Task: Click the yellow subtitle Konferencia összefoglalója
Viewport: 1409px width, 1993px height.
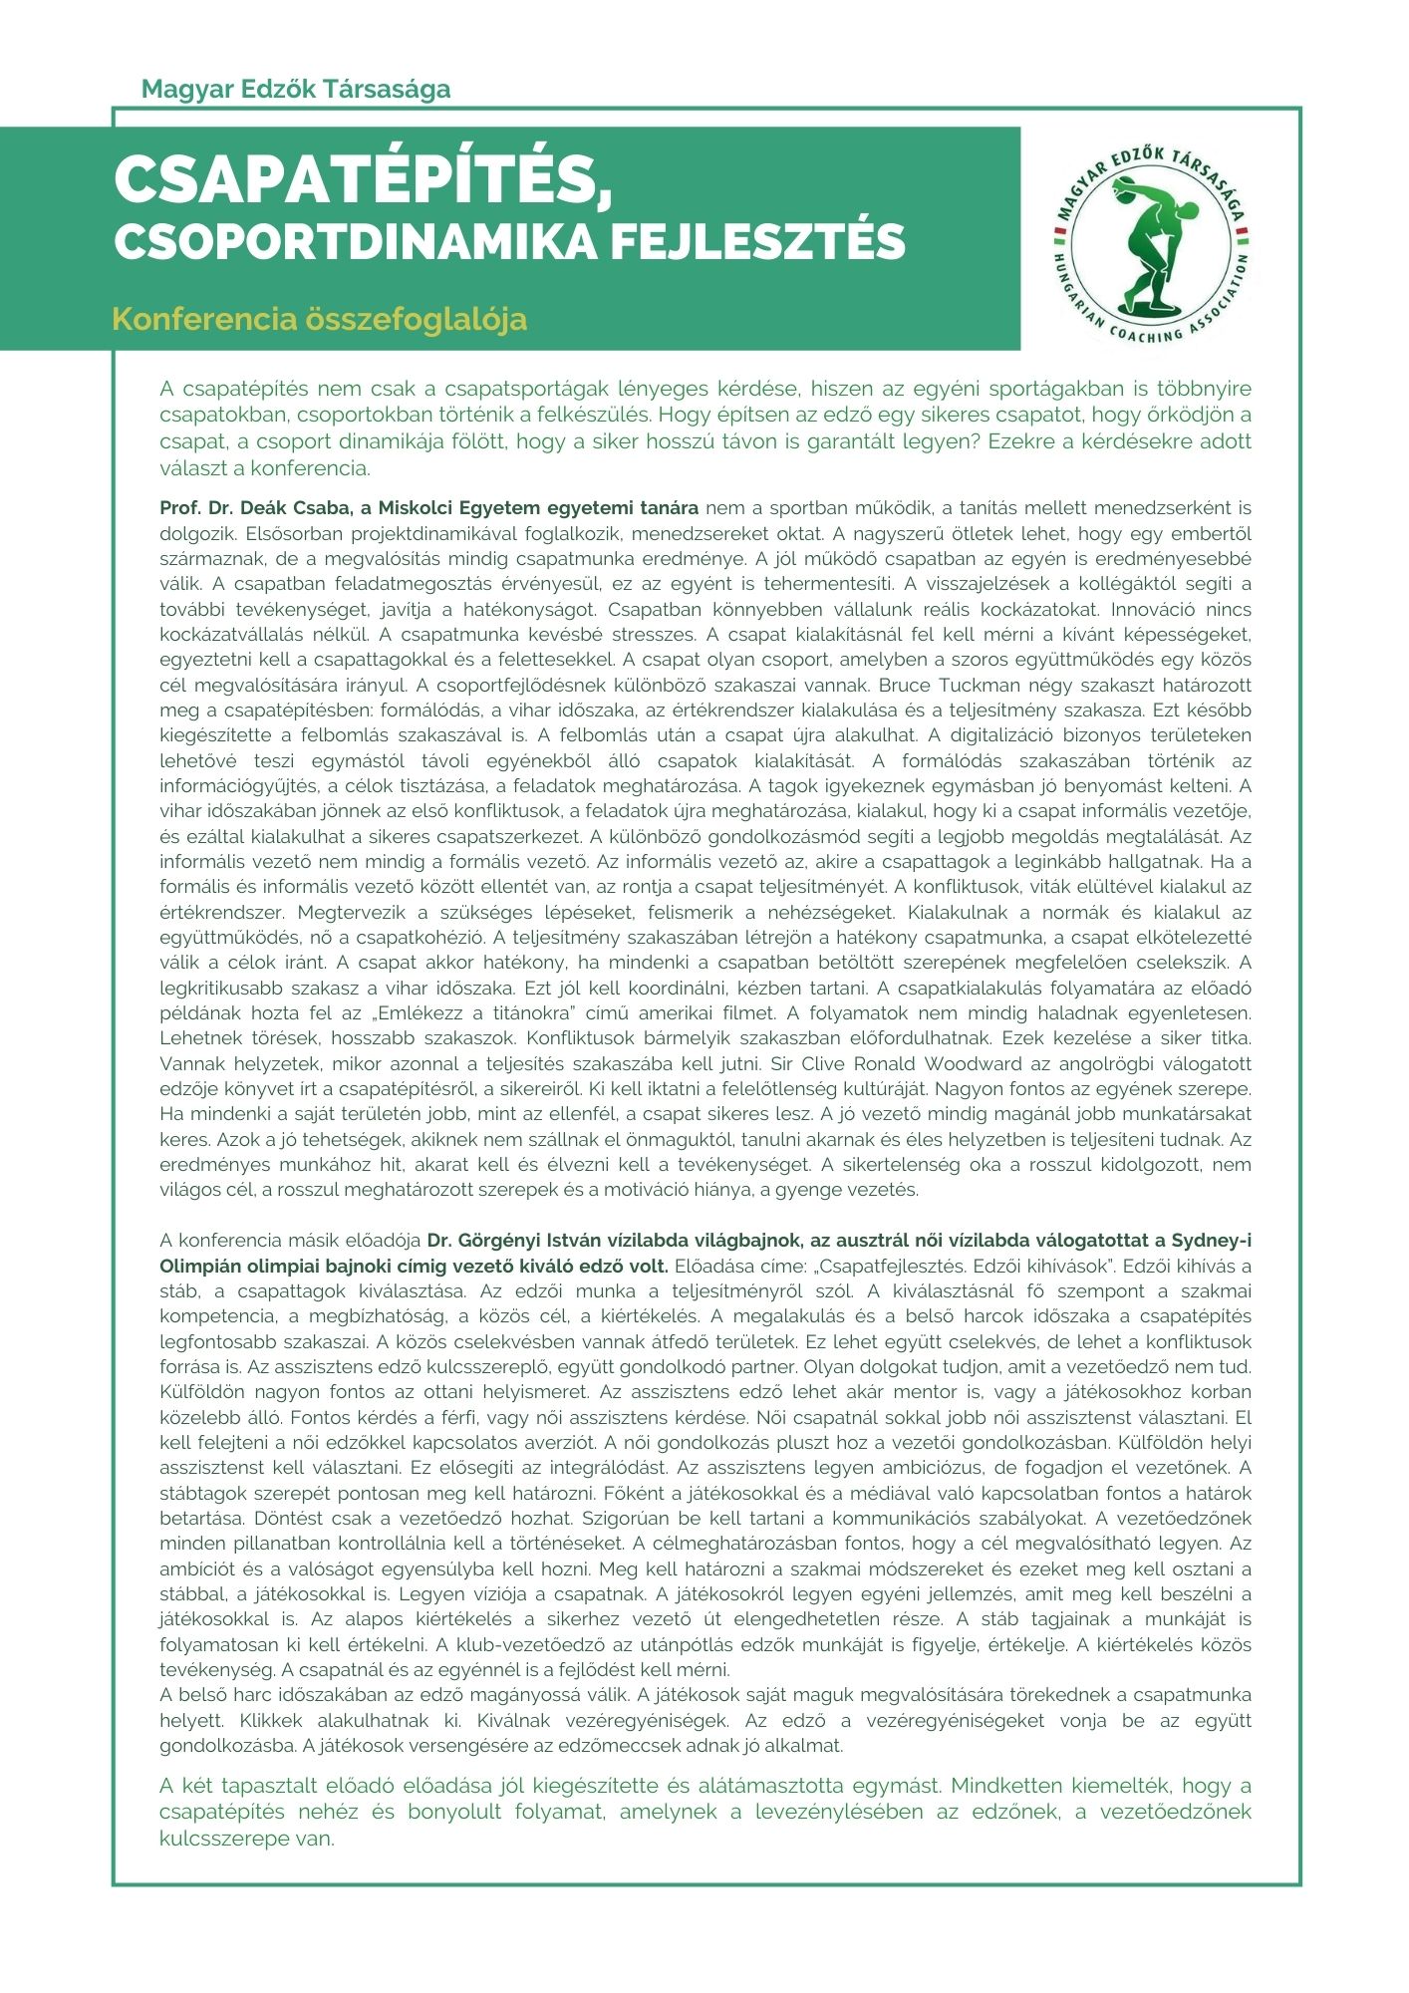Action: pyautogui.click(x=319, y=320)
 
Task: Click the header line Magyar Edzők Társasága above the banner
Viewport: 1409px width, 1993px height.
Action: pyautogui.click(x=296, y=89)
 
